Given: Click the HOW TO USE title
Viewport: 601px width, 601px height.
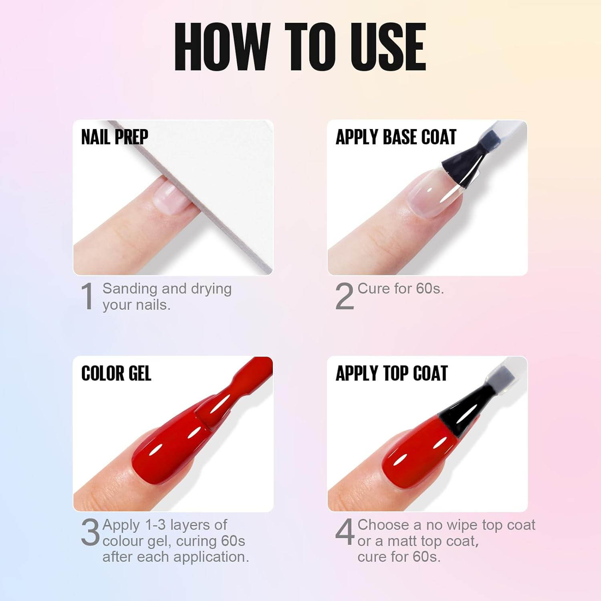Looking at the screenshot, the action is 300,47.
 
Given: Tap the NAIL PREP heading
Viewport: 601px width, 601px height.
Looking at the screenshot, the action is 115,137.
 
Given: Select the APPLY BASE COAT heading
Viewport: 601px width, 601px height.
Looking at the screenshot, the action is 396,137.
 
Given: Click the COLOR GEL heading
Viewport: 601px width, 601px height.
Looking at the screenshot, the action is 116,373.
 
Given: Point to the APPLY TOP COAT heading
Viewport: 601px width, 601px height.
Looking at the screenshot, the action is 391,373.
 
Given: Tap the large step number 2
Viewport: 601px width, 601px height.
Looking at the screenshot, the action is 345,296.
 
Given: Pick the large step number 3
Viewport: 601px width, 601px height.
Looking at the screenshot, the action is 90,532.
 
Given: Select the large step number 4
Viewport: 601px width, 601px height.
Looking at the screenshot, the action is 345,532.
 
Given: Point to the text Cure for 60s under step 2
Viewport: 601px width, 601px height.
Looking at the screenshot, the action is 401,288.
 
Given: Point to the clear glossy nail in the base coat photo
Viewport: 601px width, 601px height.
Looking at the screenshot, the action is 435,192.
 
